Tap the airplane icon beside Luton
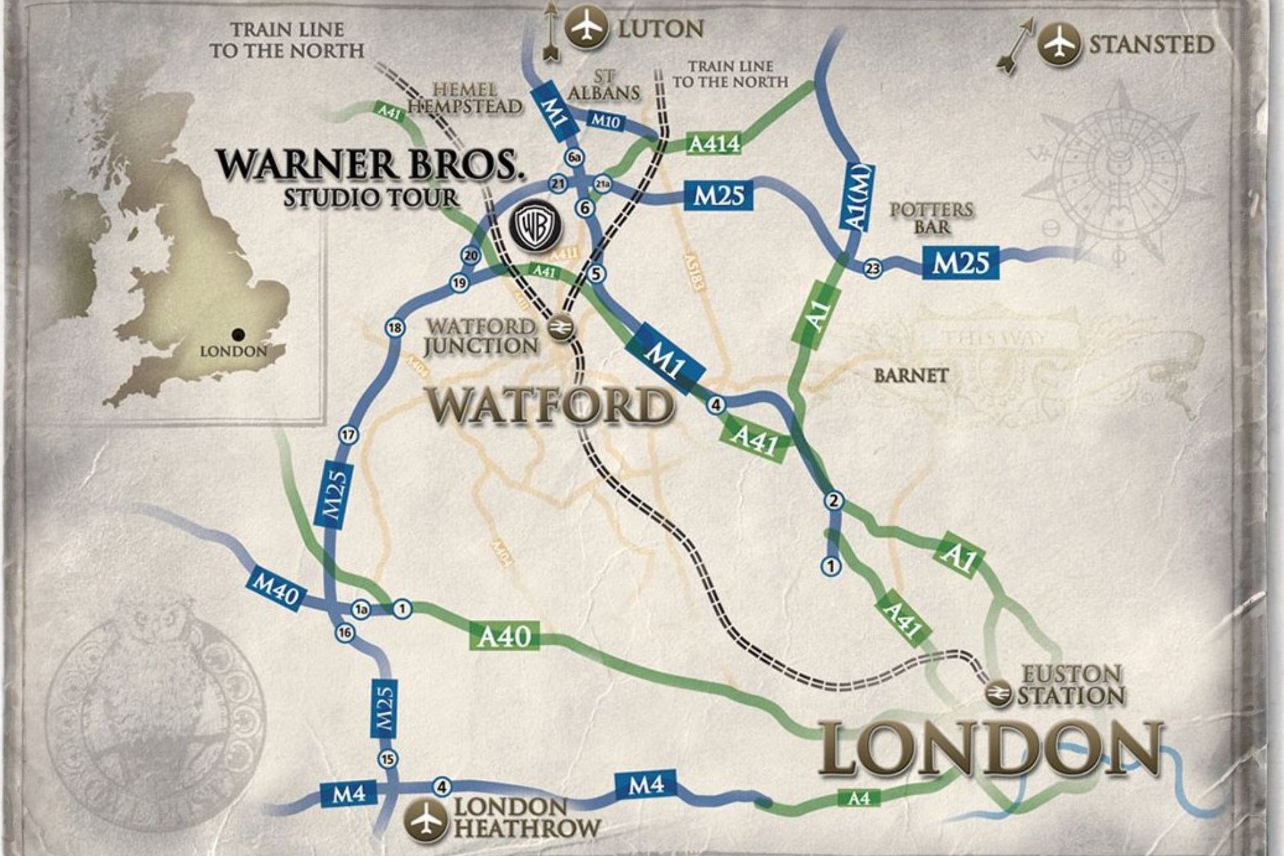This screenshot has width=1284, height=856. (586, 28)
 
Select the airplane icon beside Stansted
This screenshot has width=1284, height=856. (1059, 45)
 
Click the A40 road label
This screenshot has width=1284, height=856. (504, 636)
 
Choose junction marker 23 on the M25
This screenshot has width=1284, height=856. (872, 269)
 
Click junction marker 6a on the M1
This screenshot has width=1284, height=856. (574, 158)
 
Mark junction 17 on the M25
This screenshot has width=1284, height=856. (348, 435)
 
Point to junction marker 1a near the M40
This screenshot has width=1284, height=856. (361, 609)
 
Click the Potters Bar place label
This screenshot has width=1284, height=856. (932, 218)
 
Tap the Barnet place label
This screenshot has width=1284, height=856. (910, 375)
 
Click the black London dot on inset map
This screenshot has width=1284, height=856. (236, 334)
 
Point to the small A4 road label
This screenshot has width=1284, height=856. (859, 797)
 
